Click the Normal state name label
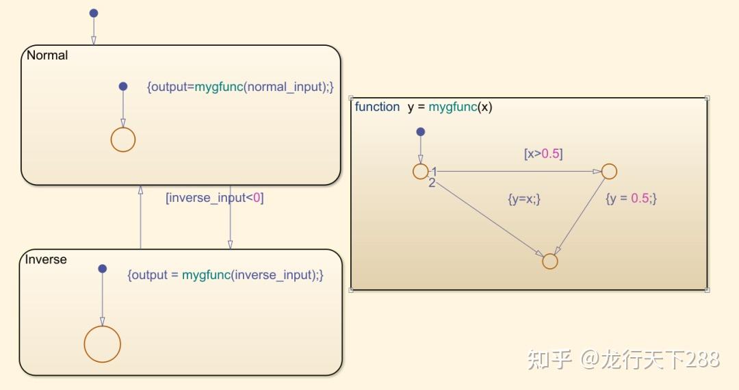47,55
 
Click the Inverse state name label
46,259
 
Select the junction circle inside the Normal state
123,140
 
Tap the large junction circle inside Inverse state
103,343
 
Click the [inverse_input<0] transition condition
215,198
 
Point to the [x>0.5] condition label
543,154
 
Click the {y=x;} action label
524,198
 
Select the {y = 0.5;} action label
631,198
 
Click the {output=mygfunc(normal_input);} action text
240,87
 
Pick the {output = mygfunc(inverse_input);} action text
225,274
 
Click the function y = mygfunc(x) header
424,107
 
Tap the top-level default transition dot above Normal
94,13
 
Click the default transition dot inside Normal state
123,86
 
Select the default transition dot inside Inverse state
103,269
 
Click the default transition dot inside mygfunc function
420,131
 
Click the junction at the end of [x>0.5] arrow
609,171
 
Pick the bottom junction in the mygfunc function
550,261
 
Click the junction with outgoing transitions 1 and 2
420,171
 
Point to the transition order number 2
432,183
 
